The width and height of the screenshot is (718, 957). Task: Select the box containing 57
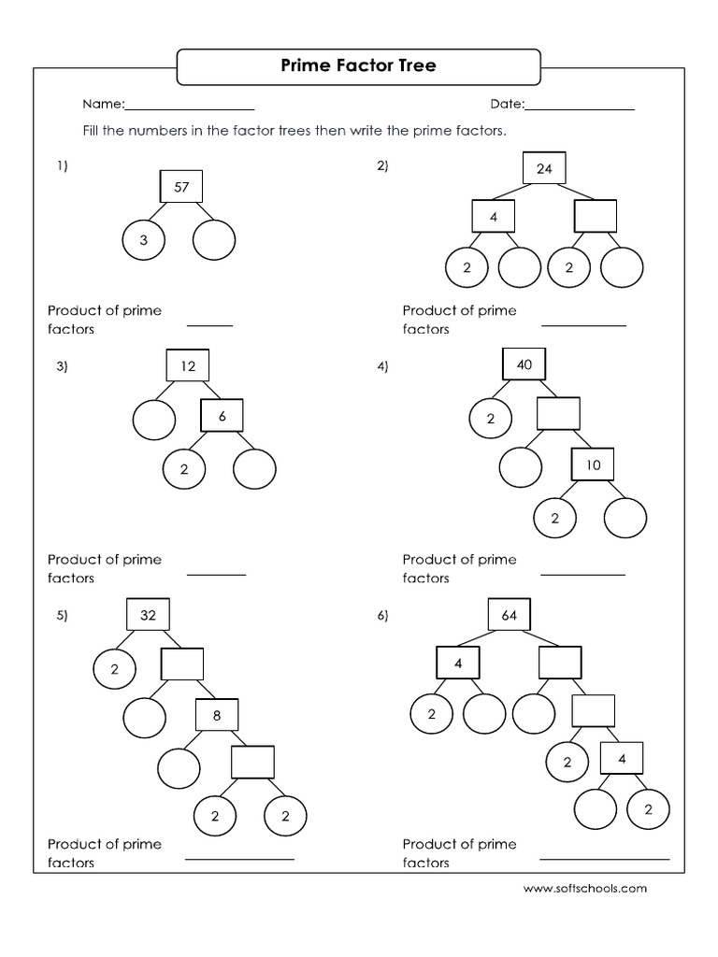coord(181,187)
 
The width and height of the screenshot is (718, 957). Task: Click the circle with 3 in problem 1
coord(143,240)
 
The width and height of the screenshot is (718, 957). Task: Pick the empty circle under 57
coord(214,240)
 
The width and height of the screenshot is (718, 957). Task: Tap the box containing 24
coord(544,168)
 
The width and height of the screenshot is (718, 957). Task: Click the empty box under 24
coord(596,217)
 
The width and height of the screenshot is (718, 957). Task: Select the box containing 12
coord(188,366)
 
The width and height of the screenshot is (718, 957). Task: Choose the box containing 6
coord(223,417)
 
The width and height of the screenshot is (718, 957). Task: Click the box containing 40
coord(524,364)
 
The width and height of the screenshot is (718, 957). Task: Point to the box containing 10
coord(594,464)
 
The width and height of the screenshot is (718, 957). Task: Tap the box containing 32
coord(148,615)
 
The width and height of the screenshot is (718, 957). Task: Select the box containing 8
coord(217,715)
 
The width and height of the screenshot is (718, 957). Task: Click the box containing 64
coord(510,615)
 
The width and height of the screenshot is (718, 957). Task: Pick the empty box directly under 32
coord(182,664)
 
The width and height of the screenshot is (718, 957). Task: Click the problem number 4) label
coord(382,366)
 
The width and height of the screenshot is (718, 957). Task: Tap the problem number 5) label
coord(63,615)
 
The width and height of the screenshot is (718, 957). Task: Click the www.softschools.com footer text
coord(585,889)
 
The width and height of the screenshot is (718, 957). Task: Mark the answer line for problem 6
coord(605,858)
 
